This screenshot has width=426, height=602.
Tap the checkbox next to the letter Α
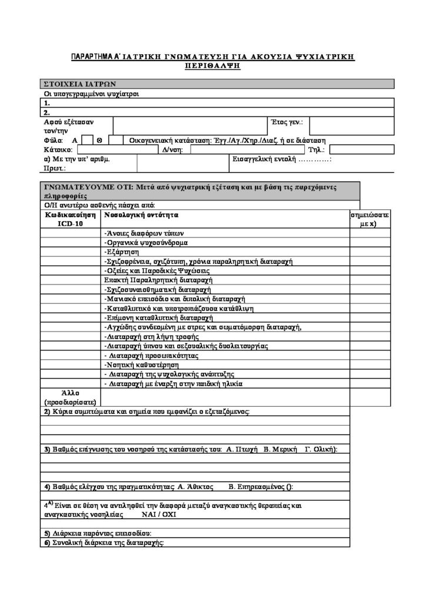(85, 140)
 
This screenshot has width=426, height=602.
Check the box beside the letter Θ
(117, 140)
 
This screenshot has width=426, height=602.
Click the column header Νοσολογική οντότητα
(141, 215)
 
